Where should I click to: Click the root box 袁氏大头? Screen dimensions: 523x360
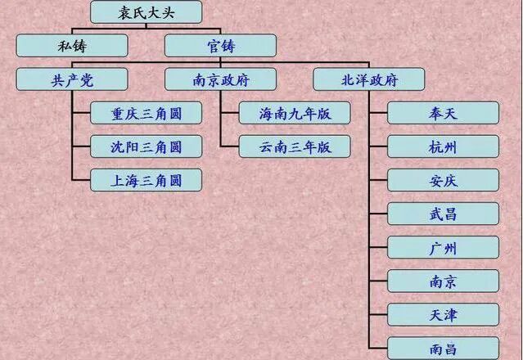pyautogui.click(x=146, y=11)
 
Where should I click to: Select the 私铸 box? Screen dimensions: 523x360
pyautogui.click(x=72, y=45)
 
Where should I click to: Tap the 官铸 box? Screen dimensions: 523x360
pyautogui.click(x=220, y=45)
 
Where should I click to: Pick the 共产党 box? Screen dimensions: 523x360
pyautogui.click(x=72, y=79)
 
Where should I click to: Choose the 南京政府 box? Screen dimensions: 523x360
pyautogui.click(x=220, y=79)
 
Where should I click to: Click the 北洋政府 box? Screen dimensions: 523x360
pyautogui.click(x=369, y=79)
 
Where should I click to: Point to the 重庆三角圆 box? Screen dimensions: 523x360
pyautogui.click(x=146, y=113)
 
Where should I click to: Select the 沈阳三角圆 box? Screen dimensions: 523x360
pyautogui.click(x=146, y=146)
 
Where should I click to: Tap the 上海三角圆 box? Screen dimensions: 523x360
pyautogui.click(x=146, y=180)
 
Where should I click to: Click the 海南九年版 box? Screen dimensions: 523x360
pyautogui.click(x=295, y=113)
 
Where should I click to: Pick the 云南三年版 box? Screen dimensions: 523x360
pyautogui.click(x=295, y=146)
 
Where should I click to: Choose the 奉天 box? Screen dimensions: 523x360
pyautogui.click(x=443, y=113)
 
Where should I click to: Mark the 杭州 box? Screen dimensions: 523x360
pyautogui.click(x=443, y=146)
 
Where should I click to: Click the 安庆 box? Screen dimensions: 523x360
pyautogui.click(x=443, y=180)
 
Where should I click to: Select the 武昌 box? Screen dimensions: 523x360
pyautogui.click(x=443, y=214)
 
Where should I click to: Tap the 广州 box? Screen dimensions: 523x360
pyautogui.click(x=443, y=247)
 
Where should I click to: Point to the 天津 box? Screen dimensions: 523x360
pyautogui.click(x=443, y=314)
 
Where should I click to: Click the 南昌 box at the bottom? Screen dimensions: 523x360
pyautogui.click(x=443, y=348)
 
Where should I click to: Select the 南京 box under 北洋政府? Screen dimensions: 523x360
pyautogui.click(x=443, y=281)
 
